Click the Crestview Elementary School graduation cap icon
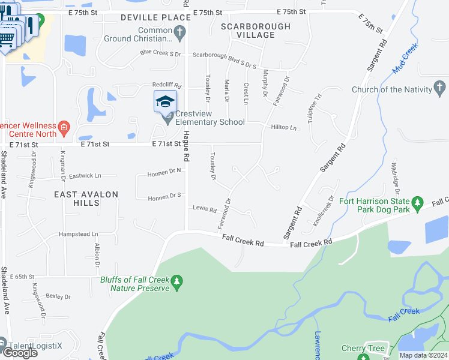(165, 102)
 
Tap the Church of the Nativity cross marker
(441, 90)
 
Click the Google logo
(19, 352)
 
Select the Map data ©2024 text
(423, 355)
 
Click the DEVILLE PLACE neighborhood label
(155, 17)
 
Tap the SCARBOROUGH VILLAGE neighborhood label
(256, 31)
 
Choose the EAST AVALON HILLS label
(86, 199)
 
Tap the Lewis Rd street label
(205, 209)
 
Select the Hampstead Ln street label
(78, 234)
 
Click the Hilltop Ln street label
(284, 128)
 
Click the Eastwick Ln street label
(85, 176)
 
